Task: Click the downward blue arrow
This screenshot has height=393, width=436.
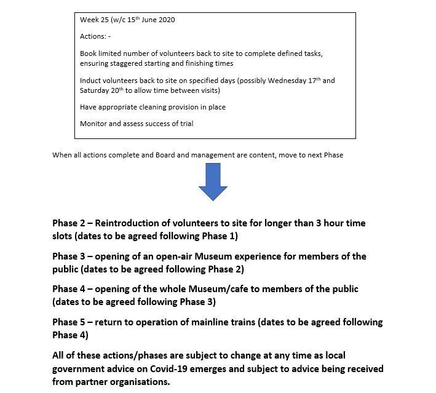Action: [x=213, y=181]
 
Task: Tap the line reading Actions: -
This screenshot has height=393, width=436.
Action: [x=95, y=36]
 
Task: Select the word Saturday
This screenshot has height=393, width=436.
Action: [x=95, y=90]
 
